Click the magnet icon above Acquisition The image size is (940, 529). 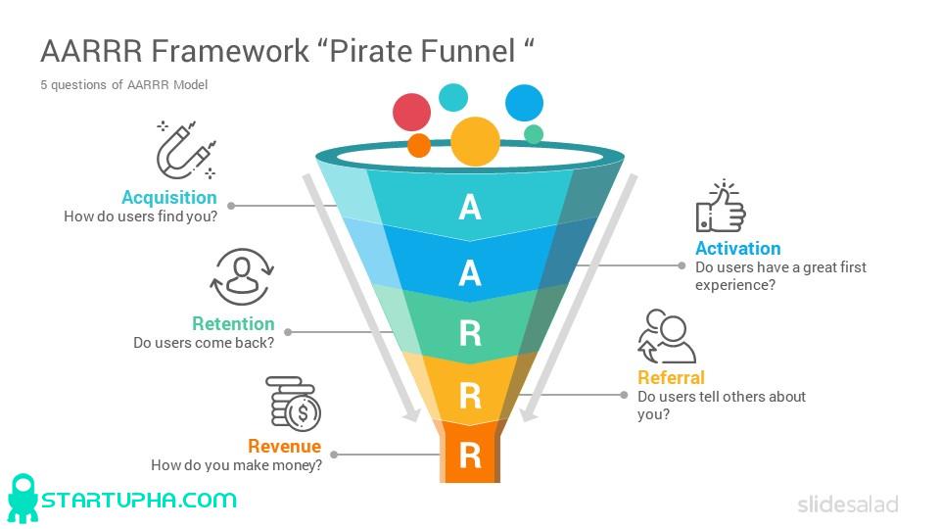point(186,150)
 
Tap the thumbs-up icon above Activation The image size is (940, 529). point(721,207)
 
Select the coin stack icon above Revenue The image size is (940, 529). point(294,403)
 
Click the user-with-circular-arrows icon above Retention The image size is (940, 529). point(241,277)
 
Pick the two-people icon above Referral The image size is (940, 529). point(666,337)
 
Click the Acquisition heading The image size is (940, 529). point(169,197)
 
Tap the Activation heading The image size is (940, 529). point(738,248)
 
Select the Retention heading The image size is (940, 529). point(233,323)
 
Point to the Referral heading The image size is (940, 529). point(671,377)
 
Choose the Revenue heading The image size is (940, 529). point(284,446)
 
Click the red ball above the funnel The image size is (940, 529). point(411,113)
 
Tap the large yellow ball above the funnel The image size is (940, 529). point(475,141)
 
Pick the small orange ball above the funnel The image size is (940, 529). point(419,146)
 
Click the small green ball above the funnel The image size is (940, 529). point(534,134)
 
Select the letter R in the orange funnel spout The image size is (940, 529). point(470,456)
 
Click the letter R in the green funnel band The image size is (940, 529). point(470,334)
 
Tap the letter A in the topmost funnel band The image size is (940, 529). point(470,208)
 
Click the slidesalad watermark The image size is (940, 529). point(847,505)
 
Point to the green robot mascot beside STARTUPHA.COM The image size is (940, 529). point(23,499)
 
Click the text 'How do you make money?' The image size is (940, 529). point(236,465)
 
